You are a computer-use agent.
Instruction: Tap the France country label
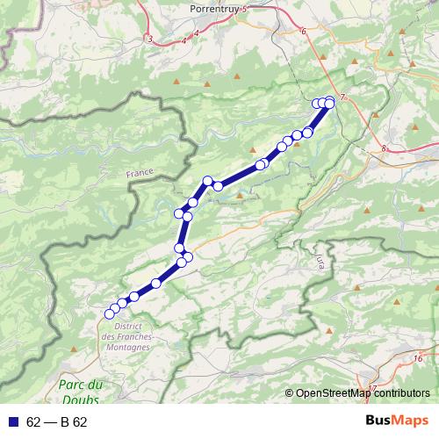[x=140, y=174]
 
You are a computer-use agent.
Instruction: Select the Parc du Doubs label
[x=81, y=392]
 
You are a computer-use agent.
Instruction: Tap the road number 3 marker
[x=150, y=39]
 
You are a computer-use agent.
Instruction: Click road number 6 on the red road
[x=304, y=32]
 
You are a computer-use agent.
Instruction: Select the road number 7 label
[x=343, y=96]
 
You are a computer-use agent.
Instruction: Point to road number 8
[x=385, y=149]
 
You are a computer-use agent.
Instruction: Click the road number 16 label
[x=418, y=358]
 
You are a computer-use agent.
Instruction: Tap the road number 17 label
[x=372, y=388]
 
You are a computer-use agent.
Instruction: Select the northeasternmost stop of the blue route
[x=330, y=101]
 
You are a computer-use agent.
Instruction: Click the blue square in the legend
[x=12, y=422]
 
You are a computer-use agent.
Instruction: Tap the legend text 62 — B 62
[x=57, y=422]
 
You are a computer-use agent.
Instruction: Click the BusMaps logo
[x=397, y=421]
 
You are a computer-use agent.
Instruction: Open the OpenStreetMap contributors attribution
[x=363, y=393]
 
